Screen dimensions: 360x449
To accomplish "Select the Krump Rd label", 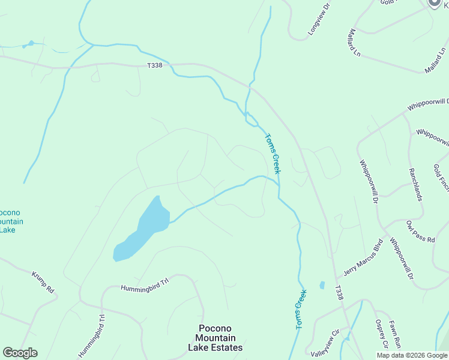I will point(43,282).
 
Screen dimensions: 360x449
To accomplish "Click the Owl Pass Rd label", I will point(420,231).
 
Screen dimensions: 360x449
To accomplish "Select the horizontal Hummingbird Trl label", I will point(142,288).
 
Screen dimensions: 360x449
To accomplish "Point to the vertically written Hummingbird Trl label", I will point(101,335).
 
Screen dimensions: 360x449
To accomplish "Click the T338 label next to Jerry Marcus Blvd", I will point(339,293).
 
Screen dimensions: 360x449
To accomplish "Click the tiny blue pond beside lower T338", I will point(322,285).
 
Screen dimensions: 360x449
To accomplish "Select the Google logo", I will point(20,353).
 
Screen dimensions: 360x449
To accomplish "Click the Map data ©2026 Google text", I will point(412,355).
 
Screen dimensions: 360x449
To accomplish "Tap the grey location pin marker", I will point(435,3).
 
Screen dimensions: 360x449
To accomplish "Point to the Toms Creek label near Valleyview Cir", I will point(301,310).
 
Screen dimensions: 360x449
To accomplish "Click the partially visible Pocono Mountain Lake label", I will point(10,221).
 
